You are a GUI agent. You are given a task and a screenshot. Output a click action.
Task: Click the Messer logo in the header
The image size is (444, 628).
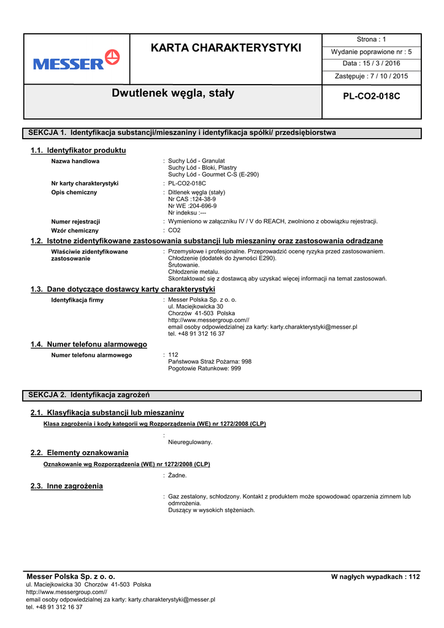click(77, 60)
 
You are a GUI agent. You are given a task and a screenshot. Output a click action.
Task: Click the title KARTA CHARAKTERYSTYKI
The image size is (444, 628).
click(226, 48)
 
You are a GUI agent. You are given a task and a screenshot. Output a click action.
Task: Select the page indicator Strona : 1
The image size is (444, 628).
click(372, 40)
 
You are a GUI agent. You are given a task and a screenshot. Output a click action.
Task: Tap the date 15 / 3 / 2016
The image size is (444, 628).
click(372, 64)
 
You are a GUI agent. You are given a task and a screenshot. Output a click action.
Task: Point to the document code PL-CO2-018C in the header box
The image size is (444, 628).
click(372, 96)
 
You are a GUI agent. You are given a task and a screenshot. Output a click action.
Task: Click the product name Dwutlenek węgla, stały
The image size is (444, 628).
click(173, 93)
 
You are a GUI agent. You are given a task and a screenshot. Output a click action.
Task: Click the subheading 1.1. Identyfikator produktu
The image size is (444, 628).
click(78, 150)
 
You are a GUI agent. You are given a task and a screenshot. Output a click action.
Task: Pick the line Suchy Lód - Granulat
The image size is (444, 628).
click(196, 161)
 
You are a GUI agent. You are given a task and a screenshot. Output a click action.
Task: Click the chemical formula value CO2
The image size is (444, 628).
click(174, 231)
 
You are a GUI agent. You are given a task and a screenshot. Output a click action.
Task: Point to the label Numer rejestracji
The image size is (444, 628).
click(75, 221)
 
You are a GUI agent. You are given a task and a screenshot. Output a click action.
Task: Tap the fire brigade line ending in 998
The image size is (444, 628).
click(209, 362)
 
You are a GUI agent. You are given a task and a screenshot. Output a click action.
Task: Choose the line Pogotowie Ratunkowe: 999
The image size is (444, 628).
click(204, 369)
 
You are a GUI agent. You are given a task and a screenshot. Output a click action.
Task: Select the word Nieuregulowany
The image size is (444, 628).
click(190, 442)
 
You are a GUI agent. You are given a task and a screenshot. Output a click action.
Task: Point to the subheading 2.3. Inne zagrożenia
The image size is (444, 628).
click(67, 486)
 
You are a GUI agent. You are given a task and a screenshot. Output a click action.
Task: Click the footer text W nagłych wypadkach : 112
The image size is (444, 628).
click(375, 577)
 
